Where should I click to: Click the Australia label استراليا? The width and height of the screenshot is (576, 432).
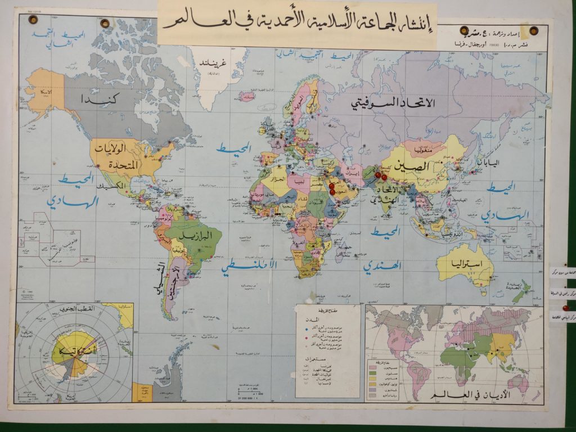pyautogui.click(x=464, y=263)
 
